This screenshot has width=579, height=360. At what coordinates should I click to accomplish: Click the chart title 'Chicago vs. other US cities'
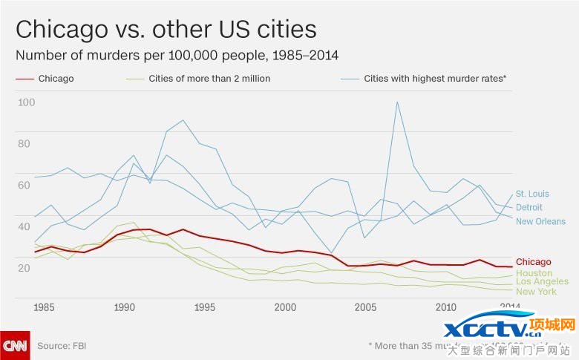pyautogui.click(x=166, y=29)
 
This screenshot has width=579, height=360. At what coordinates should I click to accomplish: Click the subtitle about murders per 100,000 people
pyautogui.click(x=177, y=56)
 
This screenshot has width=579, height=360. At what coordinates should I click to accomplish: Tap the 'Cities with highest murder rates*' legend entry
pyautogui.click(x=434, y=78)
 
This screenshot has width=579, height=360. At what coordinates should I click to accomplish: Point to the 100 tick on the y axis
pyautogui.click(x=26, y=102)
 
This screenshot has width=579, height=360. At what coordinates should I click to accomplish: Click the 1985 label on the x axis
pyautogui.click(x=44, y=307)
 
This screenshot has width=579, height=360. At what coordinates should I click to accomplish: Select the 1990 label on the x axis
pyautogui.click(x=124, y=307)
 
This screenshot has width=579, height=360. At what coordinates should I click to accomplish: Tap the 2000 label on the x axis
pyautogui.click(x=285, y=307)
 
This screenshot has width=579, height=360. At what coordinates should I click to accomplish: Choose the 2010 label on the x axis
pyautogui.click(x=445, y=307)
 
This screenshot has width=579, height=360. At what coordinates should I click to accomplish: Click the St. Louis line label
pyautogui.click(x=532, y=194)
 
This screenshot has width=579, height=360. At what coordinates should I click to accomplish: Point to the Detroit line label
pyautogui.click(x=529, y=207)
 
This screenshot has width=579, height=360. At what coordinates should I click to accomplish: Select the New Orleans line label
pyautogui.click(x=540, y=221)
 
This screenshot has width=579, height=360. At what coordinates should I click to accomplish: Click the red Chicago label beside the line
pyautogui.click(x=534, y=261)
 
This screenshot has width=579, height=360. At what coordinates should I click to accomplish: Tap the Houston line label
pyautogui.click(x=534, y=272)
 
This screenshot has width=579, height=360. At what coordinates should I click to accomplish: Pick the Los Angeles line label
pyautogui.click(x=542, y=281)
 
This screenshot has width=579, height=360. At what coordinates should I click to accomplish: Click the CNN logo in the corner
pyautogui.click(x=15, y=345)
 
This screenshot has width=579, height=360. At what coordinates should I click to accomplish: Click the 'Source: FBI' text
pyautogui.click(x=64, y=346)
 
